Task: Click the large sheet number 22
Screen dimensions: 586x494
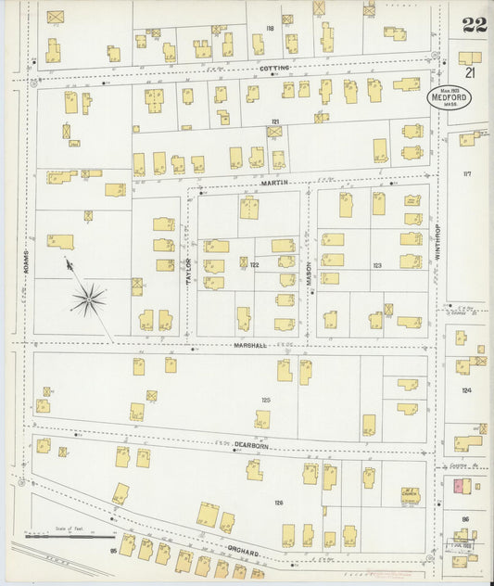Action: click(475, 25)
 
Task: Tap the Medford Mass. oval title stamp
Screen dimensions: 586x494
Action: click(448, 97)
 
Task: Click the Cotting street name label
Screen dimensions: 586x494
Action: click(274, 68)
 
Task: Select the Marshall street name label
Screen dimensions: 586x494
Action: click(251, 345)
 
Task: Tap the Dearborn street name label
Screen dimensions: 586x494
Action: click(250, 445)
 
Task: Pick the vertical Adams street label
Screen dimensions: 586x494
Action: click(27, 262)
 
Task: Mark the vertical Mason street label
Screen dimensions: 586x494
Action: click(310, 271)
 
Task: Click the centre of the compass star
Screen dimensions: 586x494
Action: click(90, 299)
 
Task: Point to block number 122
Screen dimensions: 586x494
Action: click(254, 265)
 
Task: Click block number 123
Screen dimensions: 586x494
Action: click(376, 265)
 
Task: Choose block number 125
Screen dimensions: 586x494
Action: click(266, 400)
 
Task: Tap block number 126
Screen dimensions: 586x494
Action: click(277, 503)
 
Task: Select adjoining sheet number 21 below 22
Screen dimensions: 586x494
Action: click(471, 72)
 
